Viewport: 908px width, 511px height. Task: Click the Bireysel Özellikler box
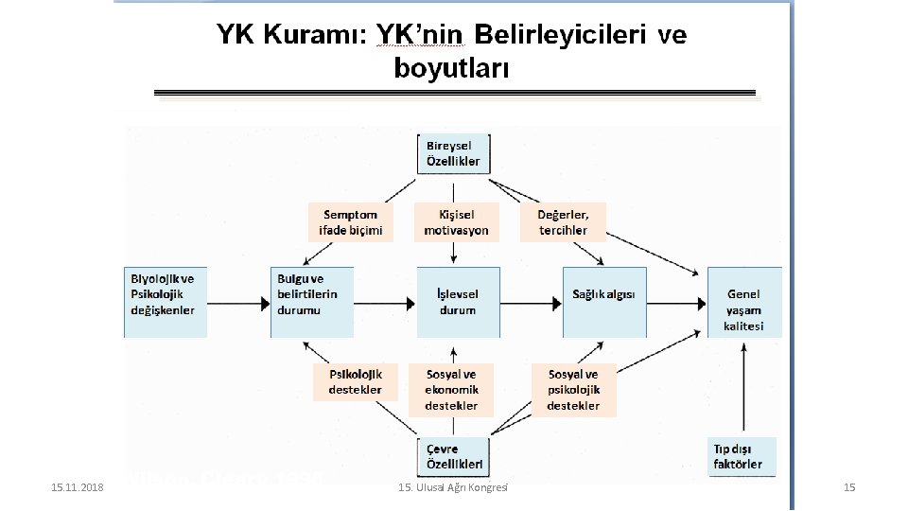pos(458,153)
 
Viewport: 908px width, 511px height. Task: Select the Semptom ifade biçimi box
pos(351,222)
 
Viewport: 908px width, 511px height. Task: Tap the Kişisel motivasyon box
pos(457,222)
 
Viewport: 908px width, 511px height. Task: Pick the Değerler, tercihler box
pos(563,222)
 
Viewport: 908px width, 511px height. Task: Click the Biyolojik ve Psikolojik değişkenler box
pos(166,302)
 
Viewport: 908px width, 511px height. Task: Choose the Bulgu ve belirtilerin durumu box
pos(311,302)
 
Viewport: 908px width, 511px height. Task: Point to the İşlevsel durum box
pos(458,302)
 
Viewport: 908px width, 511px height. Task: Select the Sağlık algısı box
pos(604,302)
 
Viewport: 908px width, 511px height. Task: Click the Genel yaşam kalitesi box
pos(744,302)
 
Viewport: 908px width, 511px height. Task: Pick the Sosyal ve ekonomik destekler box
pos(451,389)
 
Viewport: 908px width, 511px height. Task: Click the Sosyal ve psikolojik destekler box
pos(573,389)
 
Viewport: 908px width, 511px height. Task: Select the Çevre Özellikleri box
pos(455,457)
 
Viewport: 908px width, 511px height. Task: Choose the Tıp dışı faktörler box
pos(743,455)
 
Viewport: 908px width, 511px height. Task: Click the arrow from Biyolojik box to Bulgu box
pos(238,303)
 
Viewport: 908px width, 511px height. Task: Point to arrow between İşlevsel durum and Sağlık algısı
pos(532,303)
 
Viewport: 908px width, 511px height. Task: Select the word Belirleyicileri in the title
pos(561,36)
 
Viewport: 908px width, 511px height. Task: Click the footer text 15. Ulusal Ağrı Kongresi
pos(452,486)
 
